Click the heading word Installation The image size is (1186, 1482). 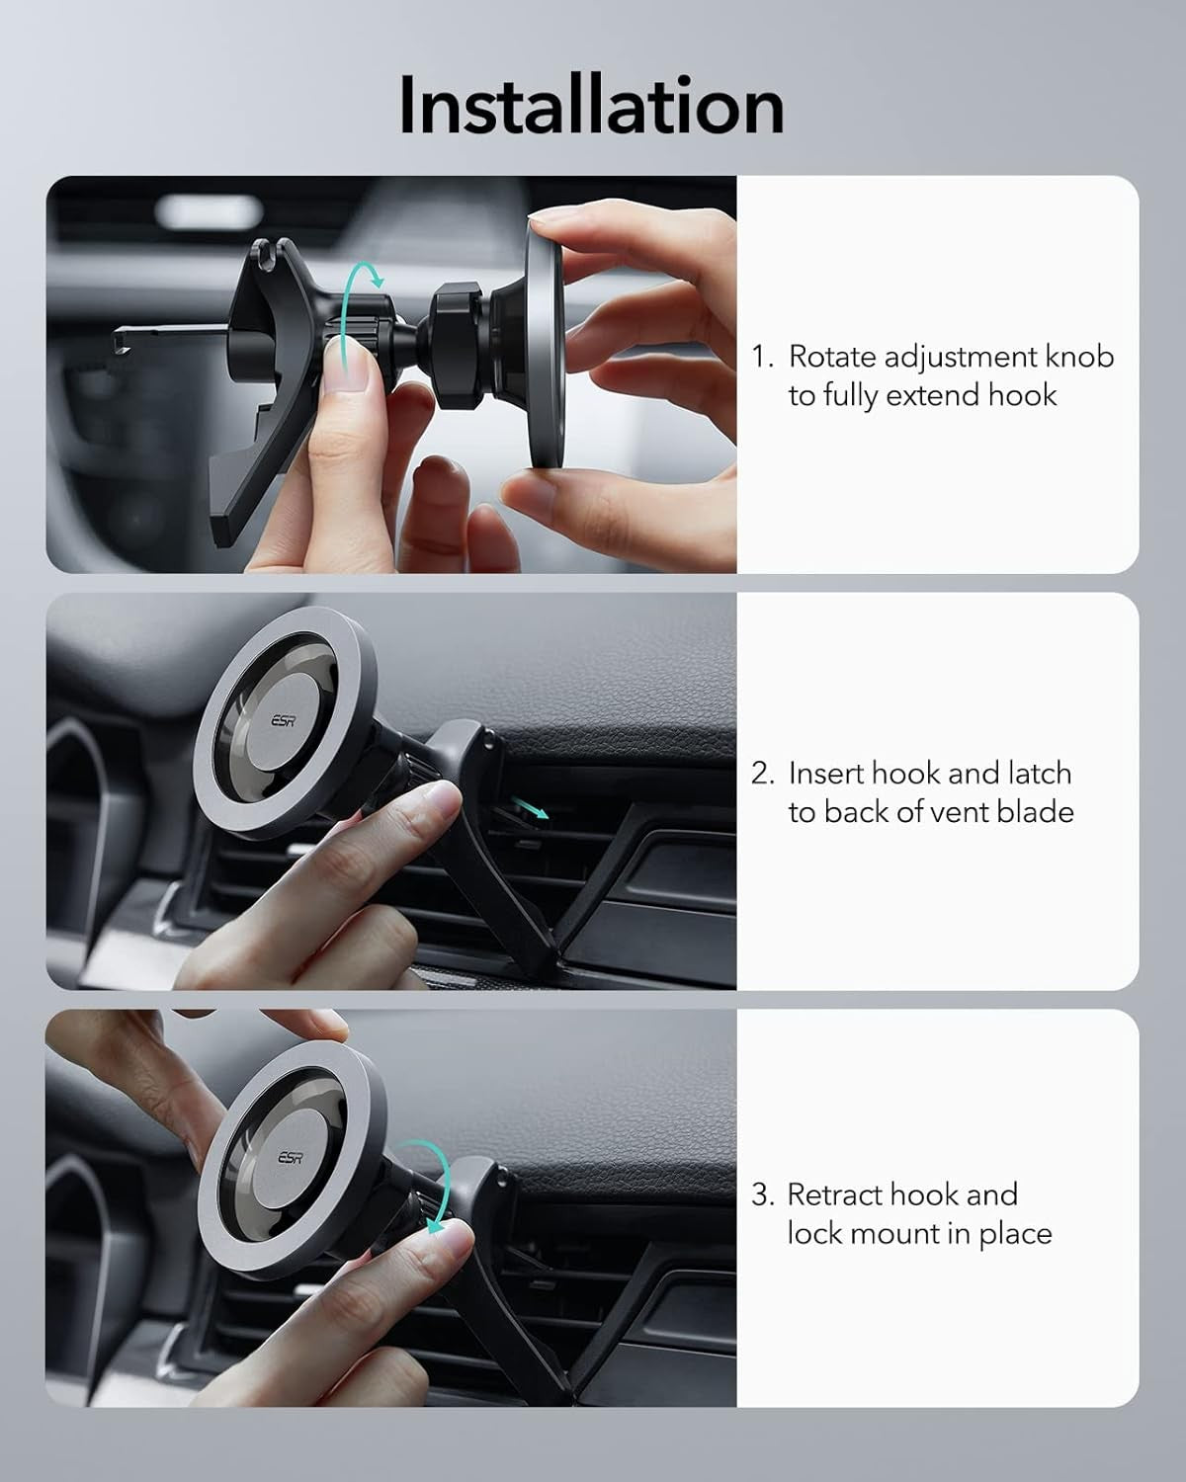pos(591,106)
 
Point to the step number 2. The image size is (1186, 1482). pos(761,774)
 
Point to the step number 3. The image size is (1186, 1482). pos(760,1194)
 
